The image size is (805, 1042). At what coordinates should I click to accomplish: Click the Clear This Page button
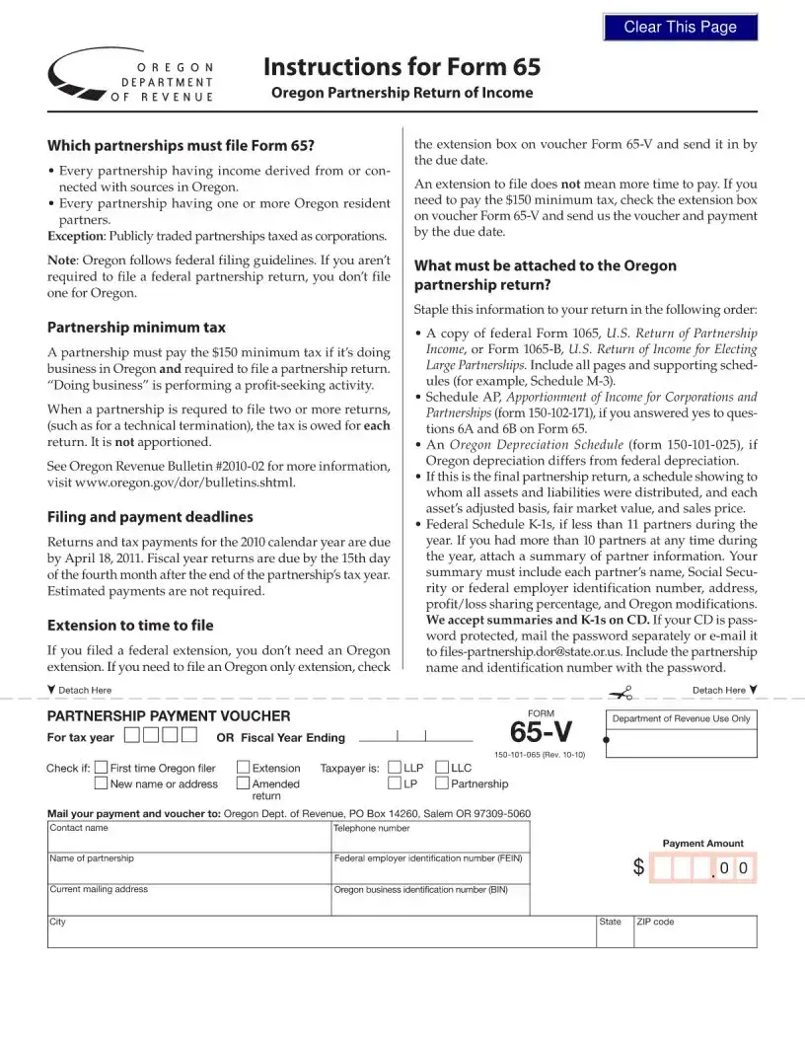(681, 28)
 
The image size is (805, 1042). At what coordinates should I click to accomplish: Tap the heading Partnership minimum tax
(136, 327)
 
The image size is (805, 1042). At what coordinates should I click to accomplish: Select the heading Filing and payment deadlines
(150, 516)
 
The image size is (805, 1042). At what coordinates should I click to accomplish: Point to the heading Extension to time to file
(130, 625)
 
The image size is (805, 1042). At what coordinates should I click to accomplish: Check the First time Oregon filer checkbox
(102, 768)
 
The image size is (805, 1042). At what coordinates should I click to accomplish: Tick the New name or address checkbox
(102, 783)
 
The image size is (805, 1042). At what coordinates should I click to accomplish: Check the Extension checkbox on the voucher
(244, 768)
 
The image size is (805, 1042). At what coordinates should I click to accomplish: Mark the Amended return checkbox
(244, 783)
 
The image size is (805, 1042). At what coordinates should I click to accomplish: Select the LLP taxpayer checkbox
(395, 768)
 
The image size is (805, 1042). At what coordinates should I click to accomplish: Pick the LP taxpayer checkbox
(395, 783)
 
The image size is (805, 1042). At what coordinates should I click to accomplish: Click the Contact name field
(189, 841)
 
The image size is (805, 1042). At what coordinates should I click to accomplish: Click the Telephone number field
(430, 841)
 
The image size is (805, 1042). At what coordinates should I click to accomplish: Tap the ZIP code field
(695, 933)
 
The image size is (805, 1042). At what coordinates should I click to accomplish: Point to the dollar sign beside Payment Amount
(639, 868)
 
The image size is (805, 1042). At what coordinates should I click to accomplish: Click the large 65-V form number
(542, 733)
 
